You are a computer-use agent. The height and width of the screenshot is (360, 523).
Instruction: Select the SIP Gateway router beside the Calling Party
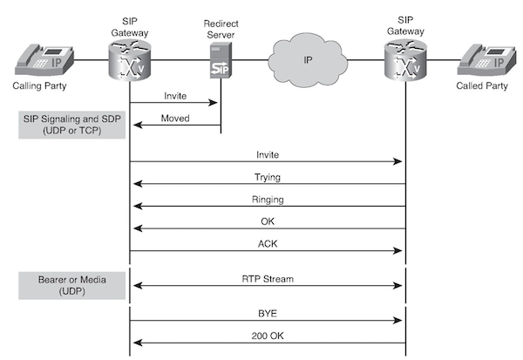(x=130, y=61)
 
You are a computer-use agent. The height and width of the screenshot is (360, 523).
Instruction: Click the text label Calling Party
(x=39, y=87)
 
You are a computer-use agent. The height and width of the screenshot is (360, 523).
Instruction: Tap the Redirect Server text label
(x=219, y=29)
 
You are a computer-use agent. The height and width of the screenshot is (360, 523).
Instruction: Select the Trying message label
(x=268, y=177)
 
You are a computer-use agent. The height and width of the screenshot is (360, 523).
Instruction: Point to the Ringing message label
(x=268, y=200)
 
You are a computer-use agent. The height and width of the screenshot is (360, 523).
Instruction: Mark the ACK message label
(x=268, y=244)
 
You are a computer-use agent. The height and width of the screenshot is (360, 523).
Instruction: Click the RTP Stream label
(x=268, y=280)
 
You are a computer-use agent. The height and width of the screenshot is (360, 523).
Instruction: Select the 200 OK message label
(x=268, y=334)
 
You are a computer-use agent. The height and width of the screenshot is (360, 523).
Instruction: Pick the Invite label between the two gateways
(x=268, y=153)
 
